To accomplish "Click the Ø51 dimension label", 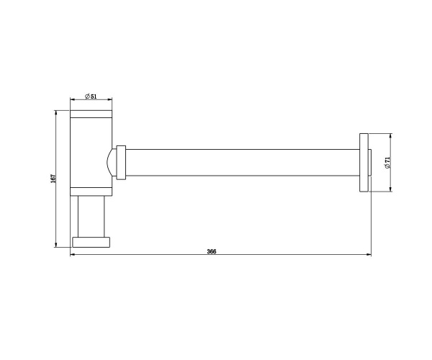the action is tap(91, 96).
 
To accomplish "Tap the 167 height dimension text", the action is tap(53, 179).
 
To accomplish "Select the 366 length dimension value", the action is tap(212, 251).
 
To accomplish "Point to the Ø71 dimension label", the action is tap(387, 163).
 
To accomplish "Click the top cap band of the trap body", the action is tap(91, 114).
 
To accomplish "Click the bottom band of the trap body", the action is tap(91, 192).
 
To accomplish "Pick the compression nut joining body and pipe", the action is tap(121, 163).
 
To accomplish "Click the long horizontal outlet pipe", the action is tap(243, 163).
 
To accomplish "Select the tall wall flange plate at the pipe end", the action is tap(364, 163).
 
